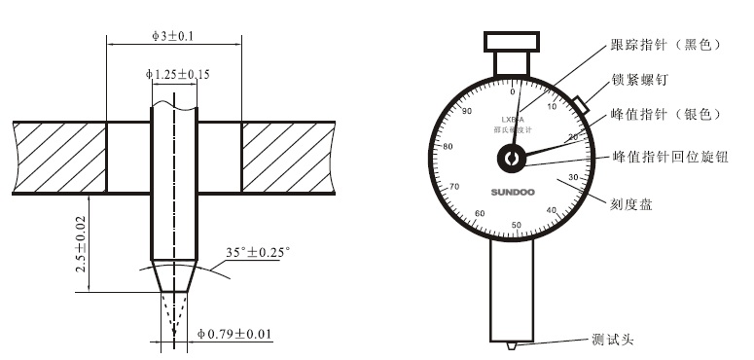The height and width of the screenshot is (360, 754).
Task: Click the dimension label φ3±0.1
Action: (173, 35)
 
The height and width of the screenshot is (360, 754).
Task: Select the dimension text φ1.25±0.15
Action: (178, 73)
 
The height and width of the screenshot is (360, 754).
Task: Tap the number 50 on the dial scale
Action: (516, 225)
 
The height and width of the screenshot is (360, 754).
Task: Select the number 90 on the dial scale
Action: (467, 112)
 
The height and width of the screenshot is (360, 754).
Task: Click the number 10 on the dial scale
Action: (554, 107)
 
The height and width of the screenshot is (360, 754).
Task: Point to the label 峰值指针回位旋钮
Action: (668, 156)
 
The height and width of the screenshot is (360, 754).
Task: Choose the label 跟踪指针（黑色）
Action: (664, 45)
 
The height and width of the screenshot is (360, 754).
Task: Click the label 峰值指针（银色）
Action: (664, 114)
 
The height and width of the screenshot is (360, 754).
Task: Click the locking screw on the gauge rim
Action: (581, 102)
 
